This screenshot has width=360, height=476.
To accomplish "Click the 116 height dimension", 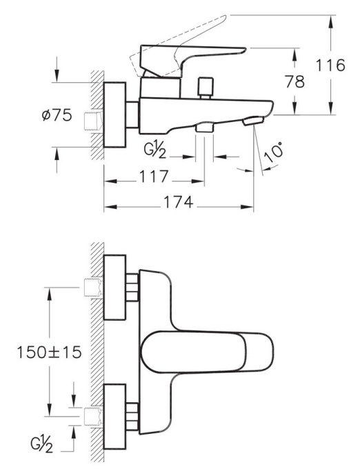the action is pyautogui.click(x=330, y=66).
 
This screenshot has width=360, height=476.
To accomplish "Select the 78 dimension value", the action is pyautogui.click(x=294, y=81).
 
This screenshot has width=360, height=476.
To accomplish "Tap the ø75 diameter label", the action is pyautogui.click(x=57, y=115).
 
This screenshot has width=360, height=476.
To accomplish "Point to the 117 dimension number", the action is pyautogui.click(x=154, y=177).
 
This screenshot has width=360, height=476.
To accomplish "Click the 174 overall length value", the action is pyautogui.click(x=179, y=202).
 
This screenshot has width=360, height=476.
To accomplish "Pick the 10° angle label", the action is pyautogui.click(x=273, y=153).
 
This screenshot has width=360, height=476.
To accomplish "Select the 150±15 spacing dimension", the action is pyautogui.click(x=49, y=353).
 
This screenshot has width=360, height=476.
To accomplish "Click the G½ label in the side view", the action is pyautogui.click(x=154, y=151).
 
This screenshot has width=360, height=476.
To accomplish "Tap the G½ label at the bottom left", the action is pyautogui.click(x=41, y=445).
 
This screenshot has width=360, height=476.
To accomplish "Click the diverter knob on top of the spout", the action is pyautogui.click(x=206, y=88).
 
